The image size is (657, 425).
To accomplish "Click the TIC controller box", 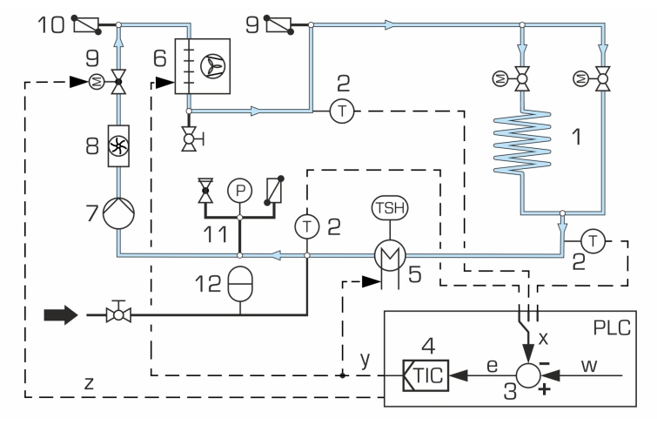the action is coord(426,375).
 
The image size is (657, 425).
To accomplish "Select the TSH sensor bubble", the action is coord(390,207).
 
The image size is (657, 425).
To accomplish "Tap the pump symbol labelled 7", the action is coord(118,213).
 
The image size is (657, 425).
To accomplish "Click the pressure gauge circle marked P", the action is coord(239,191).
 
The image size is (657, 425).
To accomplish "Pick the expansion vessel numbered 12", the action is coord(240,284).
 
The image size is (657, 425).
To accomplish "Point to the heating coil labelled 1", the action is coord(522,142).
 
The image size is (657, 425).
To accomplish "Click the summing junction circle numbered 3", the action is coord(528,375).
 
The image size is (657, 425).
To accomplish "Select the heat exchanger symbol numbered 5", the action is coord(390,254).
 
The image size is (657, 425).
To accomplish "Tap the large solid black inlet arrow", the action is coord(61,314).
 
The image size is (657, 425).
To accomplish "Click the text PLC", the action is coord(612,327).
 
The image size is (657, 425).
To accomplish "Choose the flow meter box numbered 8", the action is coord(118,146).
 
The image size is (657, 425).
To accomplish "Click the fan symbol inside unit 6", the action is coord(212,66).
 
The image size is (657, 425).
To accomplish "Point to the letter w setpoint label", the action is coord(589,366).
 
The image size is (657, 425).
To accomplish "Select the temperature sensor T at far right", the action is coord(593,241).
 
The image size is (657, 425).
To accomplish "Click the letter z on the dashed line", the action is coord(89,383).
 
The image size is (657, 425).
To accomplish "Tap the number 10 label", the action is coord(51,24).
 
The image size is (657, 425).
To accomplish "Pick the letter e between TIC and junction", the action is coord(493,366).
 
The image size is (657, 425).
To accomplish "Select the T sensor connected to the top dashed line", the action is coord(342,111).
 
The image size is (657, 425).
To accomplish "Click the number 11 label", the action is coord(215,234).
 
